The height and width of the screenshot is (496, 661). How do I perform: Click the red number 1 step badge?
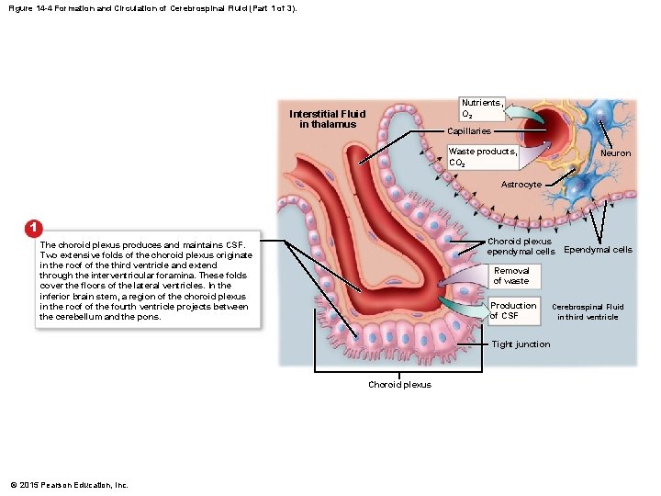point(33,227)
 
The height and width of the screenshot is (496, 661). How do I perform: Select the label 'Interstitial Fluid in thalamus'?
point(327,119)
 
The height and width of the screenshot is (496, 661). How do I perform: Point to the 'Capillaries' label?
point(469,132)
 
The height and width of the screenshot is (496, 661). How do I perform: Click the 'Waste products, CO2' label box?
point(482,157)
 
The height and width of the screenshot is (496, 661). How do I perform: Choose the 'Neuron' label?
point(615,153)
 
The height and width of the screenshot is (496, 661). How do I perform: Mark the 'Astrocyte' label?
point(521,185)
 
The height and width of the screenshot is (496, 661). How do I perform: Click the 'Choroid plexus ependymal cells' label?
point(520,246)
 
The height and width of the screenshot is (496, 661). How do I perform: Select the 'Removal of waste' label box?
point(511,276)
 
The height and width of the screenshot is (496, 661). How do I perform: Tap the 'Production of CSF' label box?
point(512,310)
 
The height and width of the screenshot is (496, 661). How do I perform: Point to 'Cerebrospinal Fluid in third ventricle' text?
point(588,312)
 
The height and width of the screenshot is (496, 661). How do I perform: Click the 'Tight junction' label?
point(521,344)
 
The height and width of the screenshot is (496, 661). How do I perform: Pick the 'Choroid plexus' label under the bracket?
point(399,385)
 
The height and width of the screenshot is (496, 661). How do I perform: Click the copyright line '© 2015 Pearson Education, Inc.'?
point(69,485)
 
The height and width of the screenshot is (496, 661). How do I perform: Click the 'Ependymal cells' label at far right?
point(598,250)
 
